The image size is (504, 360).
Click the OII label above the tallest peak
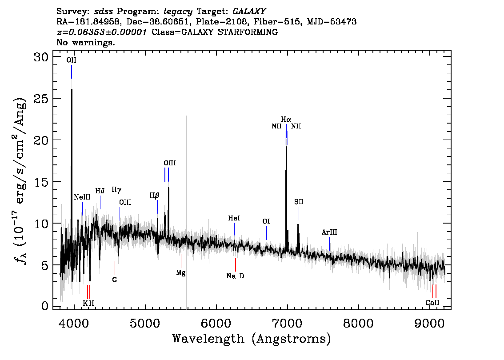72,60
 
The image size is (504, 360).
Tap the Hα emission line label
286,120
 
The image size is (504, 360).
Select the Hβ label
154,196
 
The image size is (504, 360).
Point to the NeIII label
82,197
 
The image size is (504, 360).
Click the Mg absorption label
180,273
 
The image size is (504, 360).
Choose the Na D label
235,276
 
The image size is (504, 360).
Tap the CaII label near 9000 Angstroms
432,303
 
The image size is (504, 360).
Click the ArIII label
329,232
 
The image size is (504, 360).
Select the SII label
299,202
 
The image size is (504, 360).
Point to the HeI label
234,218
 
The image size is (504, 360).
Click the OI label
266,221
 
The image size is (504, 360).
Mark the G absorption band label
114,280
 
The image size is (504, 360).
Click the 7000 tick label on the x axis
287,323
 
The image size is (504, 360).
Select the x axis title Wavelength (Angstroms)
252,339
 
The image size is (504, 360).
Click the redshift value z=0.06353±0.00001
102,32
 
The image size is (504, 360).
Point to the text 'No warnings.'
85,42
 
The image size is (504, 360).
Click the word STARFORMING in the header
248,32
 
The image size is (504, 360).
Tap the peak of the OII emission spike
72,89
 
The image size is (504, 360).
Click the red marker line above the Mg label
181,261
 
